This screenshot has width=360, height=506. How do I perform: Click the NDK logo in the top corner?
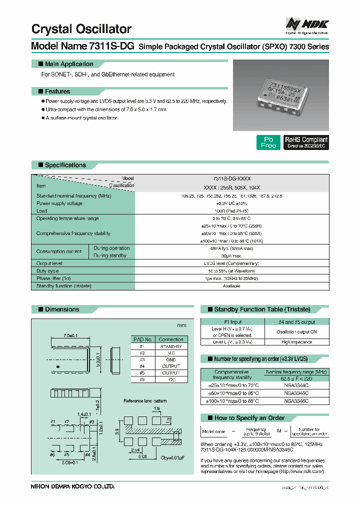coord(306,23)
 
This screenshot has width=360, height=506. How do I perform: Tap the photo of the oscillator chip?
coord(281,92)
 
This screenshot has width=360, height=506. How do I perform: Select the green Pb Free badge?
coord(268,142)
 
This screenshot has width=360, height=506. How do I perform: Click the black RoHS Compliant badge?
coord(306,142)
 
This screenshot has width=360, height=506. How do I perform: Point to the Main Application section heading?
coord(68,64)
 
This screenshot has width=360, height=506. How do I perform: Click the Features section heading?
coord(57,91)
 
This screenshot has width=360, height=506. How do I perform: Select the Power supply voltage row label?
coord(59,203)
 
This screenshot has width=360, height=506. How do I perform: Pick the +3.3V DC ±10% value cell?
coord(231,203)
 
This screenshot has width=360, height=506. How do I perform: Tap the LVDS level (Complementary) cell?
coord(231,263)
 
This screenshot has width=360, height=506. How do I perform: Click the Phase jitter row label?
coord(53,278)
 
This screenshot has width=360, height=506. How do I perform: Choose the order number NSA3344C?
coord(296,385)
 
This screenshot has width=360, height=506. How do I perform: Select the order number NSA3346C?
coord(296,401)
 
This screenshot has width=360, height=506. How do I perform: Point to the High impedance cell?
coord(296,342)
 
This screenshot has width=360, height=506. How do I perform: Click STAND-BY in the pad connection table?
coord(170,346)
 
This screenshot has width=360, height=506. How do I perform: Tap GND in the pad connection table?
coord(170,359)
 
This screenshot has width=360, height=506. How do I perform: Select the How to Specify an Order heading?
coord(249,417)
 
